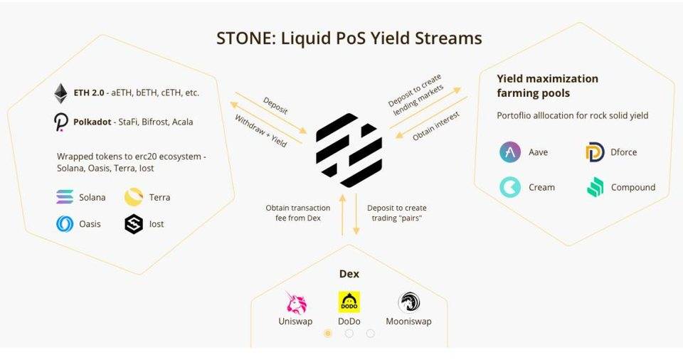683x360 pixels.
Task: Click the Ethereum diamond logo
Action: click(x=60, y=93)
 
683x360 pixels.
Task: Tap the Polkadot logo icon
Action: click(x=60, y=122)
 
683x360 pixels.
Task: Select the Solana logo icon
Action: click(x=65, y=197)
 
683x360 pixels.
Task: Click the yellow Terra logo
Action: click(x=134, y=197)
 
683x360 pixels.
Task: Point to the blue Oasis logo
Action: click(x=65, y=224)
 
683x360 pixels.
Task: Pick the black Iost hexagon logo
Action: click(x=134, y=224)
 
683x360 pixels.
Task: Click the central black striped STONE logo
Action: click(x=349, y=150)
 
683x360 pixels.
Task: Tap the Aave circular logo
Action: click(x=510, y=152)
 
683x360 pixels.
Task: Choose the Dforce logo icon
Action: click(x=595, y=152)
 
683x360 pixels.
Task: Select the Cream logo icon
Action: click(x=510, y=187)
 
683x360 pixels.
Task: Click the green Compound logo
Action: click(x=595, y=187)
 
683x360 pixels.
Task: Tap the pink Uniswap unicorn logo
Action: click(x=295, y=302)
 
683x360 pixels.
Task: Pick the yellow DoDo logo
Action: click(x=349, y=302)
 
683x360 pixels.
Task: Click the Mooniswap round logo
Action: click(x=408, y=302)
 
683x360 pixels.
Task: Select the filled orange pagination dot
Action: click(x=328, y=333)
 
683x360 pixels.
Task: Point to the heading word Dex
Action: click(x=349, y=274)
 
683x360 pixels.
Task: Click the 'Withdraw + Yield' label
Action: click(x=261, y=131)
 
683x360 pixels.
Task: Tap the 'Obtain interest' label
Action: click(x=437, y=125)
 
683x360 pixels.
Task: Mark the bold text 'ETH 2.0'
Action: click(x=89, y=93)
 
